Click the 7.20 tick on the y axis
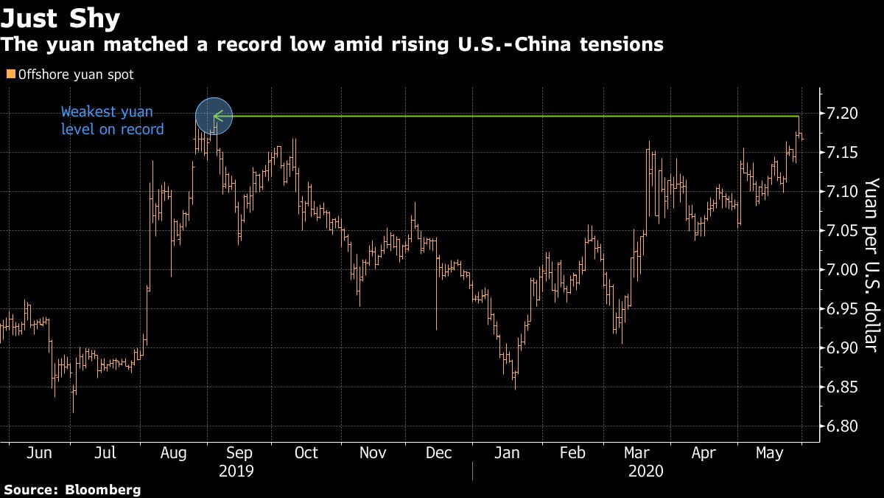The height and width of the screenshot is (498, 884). click(843, 113)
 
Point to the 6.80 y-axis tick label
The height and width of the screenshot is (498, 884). click(843, 426)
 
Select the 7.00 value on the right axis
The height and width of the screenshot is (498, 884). click(843, 269)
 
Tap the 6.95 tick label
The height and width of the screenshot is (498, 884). click(843, 308)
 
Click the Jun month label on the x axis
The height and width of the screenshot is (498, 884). click(40, 453)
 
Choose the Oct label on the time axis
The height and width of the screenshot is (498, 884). click(306, 453)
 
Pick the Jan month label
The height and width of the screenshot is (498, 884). click(506, 453)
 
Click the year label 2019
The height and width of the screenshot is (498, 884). click(236, 471)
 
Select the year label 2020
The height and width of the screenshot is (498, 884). click(646, 471)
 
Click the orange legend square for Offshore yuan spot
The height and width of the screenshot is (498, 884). click(10, 74)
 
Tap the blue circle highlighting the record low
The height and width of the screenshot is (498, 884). click(214, 117)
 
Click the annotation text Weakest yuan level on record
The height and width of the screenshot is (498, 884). click(112, 121)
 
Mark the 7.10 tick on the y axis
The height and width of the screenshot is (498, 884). click(843, 191)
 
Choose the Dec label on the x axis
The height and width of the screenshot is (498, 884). click(439, 453)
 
